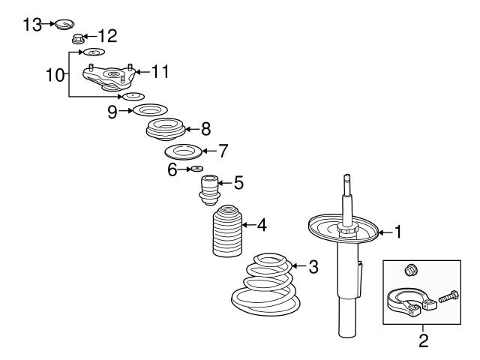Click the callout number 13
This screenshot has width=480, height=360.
pyautogui.click(x=32, y=25)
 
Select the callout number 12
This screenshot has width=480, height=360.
pyautogui.click(x=107, y=35)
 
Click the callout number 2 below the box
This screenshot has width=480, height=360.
pyautogui.click(x=424, y=342)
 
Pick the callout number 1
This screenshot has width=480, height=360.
pyautogui.click(x=398, y=232)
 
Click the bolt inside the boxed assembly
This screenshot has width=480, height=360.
pyautogui.click(x=448, y=298)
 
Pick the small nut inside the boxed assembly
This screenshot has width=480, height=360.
pyautogui.click(x=410, y=269)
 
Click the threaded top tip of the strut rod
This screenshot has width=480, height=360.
pyautogui.click(x=347, y=181)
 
